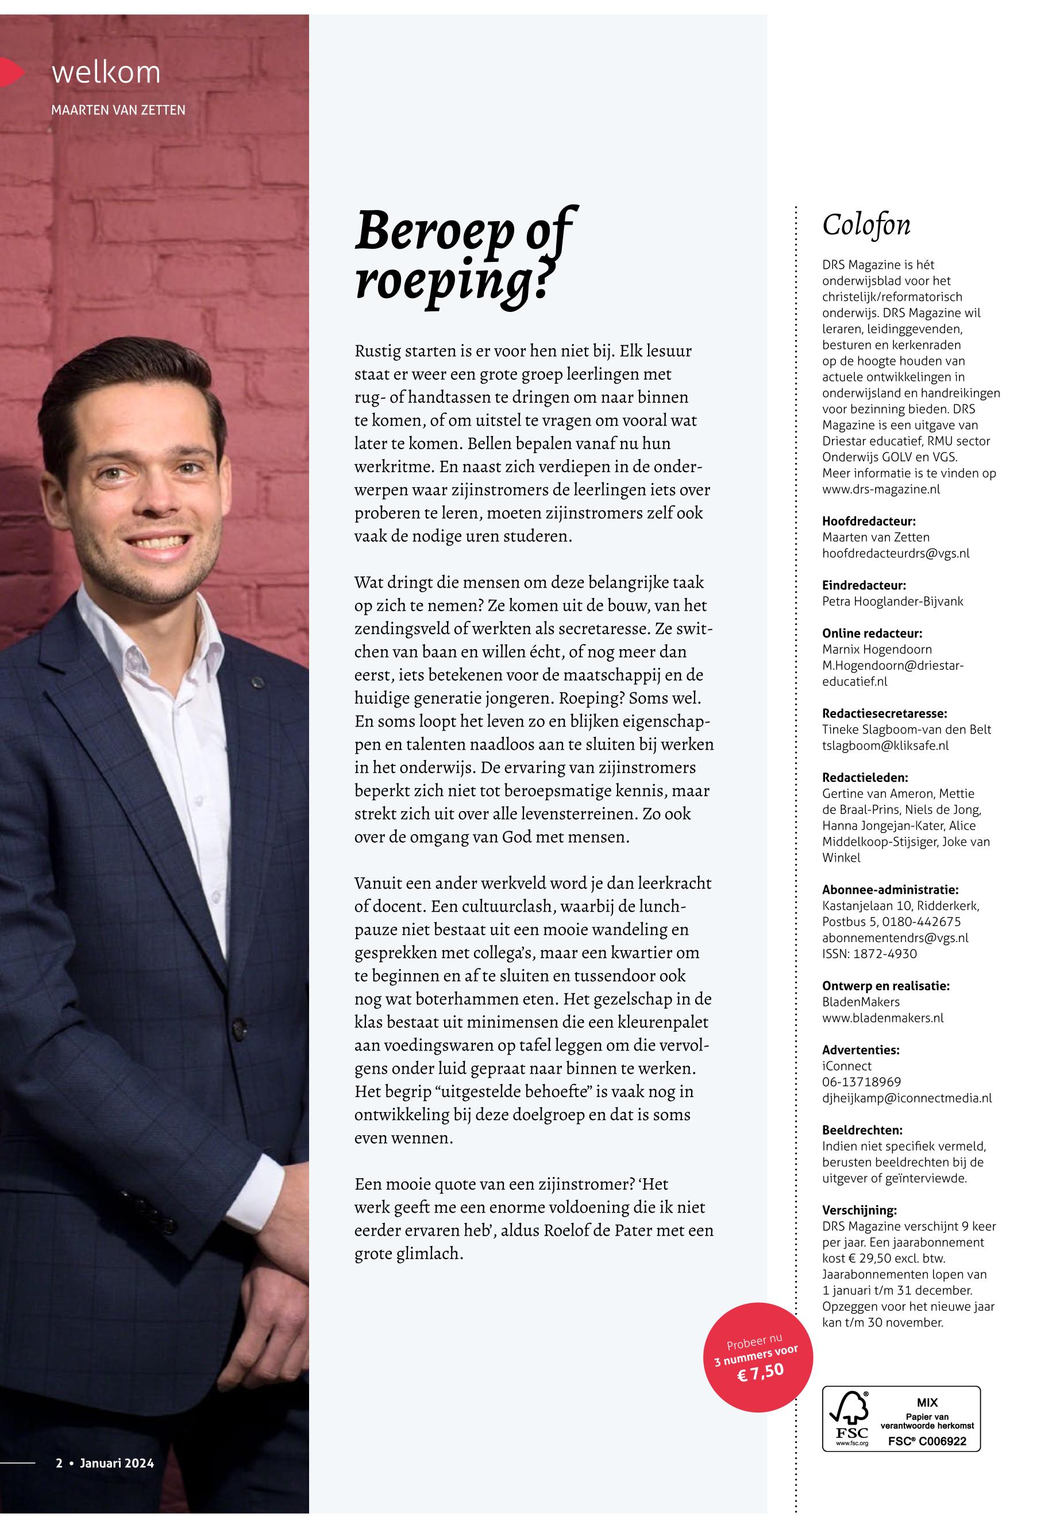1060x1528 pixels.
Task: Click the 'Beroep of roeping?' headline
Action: (465, 260)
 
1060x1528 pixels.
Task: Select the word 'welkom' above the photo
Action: (106, 72)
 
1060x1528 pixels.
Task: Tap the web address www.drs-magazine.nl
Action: (881, 489)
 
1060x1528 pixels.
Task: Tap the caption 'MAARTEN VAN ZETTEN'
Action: (118, 110)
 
